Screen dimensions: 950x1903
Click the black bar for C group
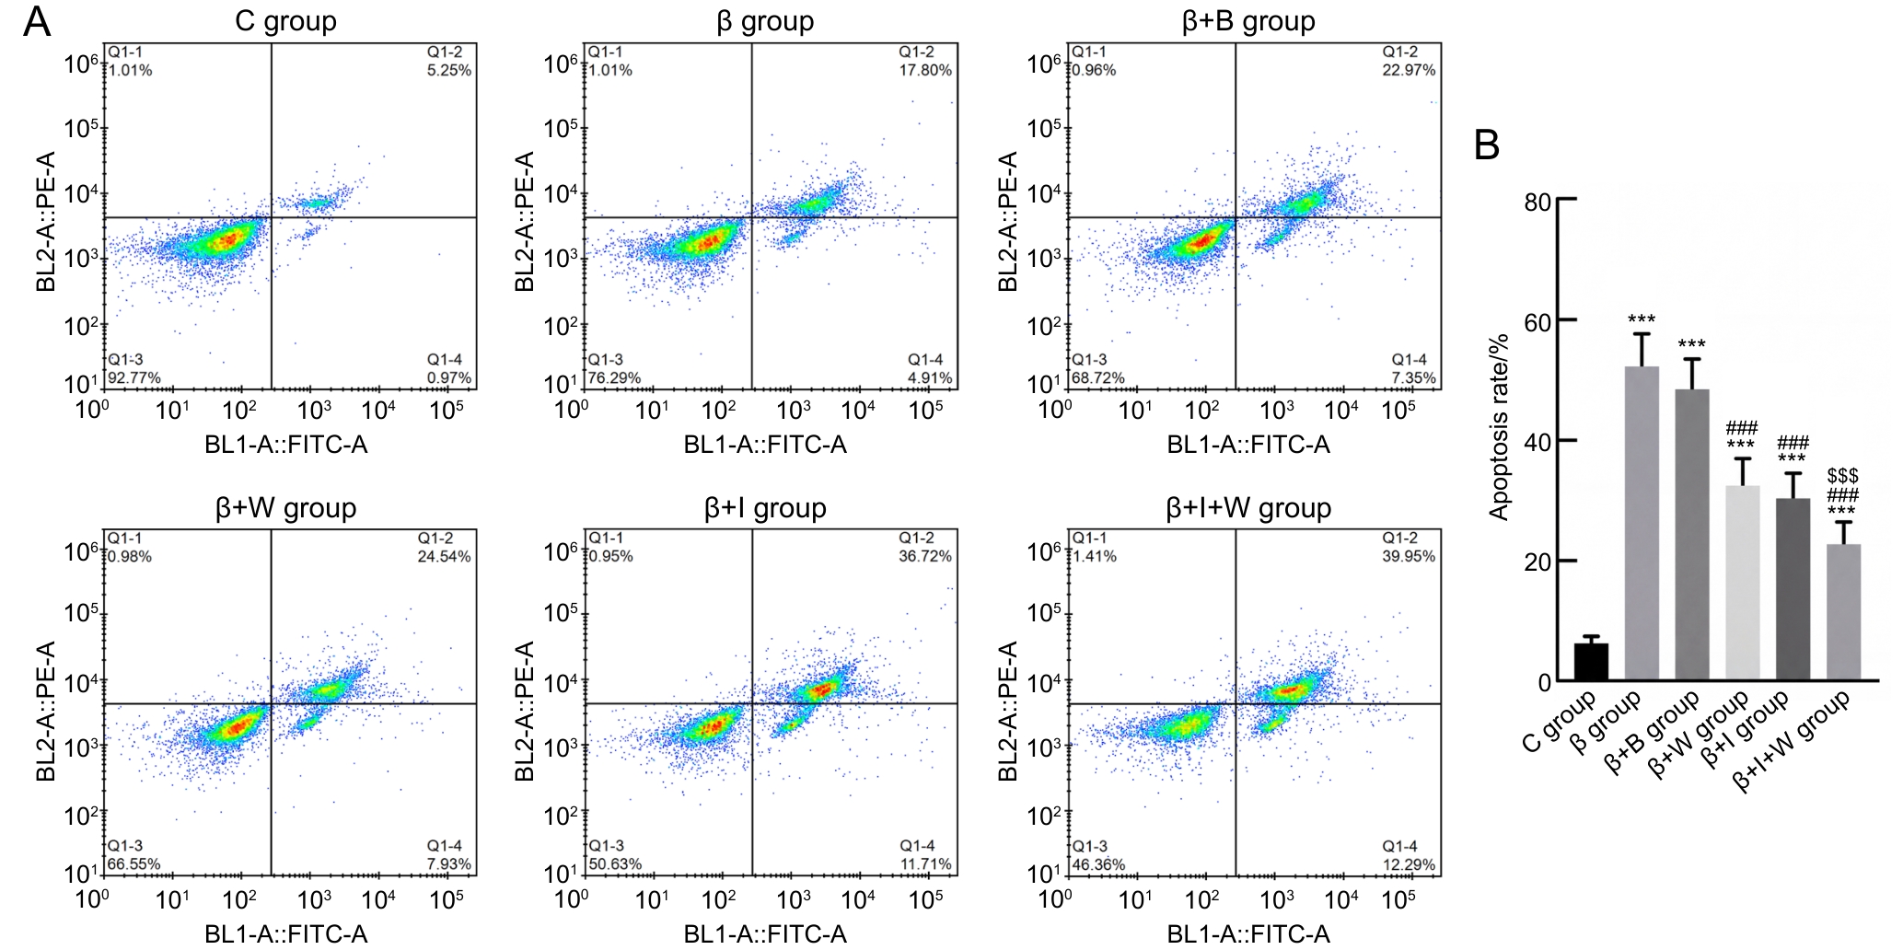[x=1591, y=662]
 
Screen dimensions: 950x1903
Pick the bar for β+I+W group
[x=1843, y=612]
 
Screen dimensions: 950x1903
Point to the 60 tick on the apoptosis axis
[x=1537, y=322]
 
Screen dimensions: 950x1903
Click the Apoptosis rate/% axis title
[x=1499, y=427]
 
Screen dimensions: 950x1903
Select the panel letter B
[x=1486, y=145]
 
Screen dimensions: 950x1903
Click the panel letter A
[x=36, y=21]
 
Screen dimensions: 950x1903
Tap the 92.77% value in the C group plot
[x=134, y=377]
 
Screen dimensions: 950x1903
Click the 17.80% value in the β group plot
[x=925, y=70]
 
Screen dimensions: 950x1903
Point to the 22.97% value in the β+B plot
[x=1409, y=70]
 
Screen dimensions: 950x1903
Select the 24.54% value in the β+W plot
[x=444, y=556]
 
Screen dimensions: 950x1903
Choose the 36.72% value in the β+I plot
[x=925, y=556]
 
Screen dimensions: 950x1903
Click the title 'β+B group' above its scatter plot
[x=1248, y=21]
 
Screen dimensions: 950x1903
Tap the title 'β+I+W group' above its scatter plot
[x=1248, y=507]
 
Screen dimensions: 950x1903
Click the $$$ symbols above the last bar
[x=1842, y=476]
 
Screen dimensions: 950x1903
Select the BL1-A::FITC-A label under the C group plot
[x=286, y=446]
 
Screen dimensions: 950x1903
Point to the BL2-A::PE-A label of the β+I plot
[x=525, y=711]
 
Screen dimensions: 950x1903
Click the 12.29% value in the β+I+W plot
[x=1409, y=864]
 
